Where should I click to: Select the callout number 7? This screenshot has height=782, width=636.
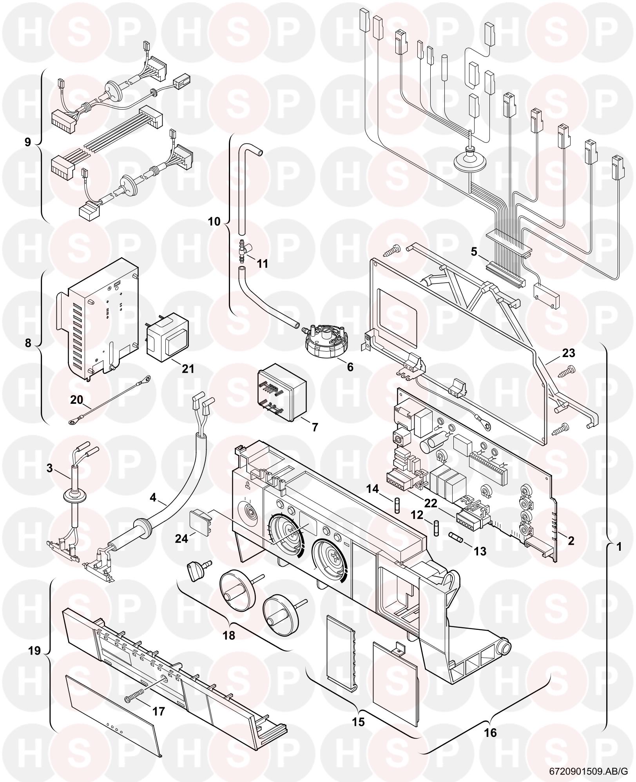[315, 427]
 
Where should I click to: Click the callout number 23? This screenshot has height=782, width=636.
[569, 353]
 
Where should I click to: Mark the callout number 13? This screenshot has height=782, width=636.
[480, 551]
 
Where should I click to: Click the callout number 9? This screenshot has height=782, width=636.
[27, 142]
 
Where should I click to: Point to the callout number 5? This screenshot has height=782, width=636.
[474, 251]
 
